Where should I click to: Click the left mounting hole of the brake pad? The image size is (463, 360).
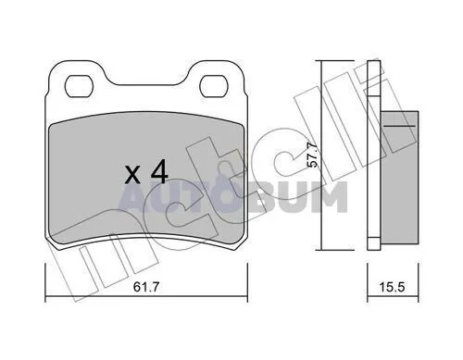[79, 86]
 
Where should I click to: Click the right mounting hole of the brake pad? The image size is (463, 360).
[214, 86]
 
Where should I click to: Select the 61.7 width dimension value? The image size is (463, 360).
[146, 287]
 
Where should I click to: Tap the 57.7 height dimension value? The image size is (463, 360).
[313, 155]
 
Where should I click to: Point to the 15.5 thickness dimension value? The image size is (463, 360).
[392, 287]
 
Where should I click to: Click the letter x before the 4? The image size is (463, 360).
[132, 175]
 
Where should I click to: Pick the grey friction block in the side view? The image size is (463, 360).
[399, 178]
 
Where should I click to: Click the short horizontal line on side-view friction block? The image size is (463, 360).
[399, 126]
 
